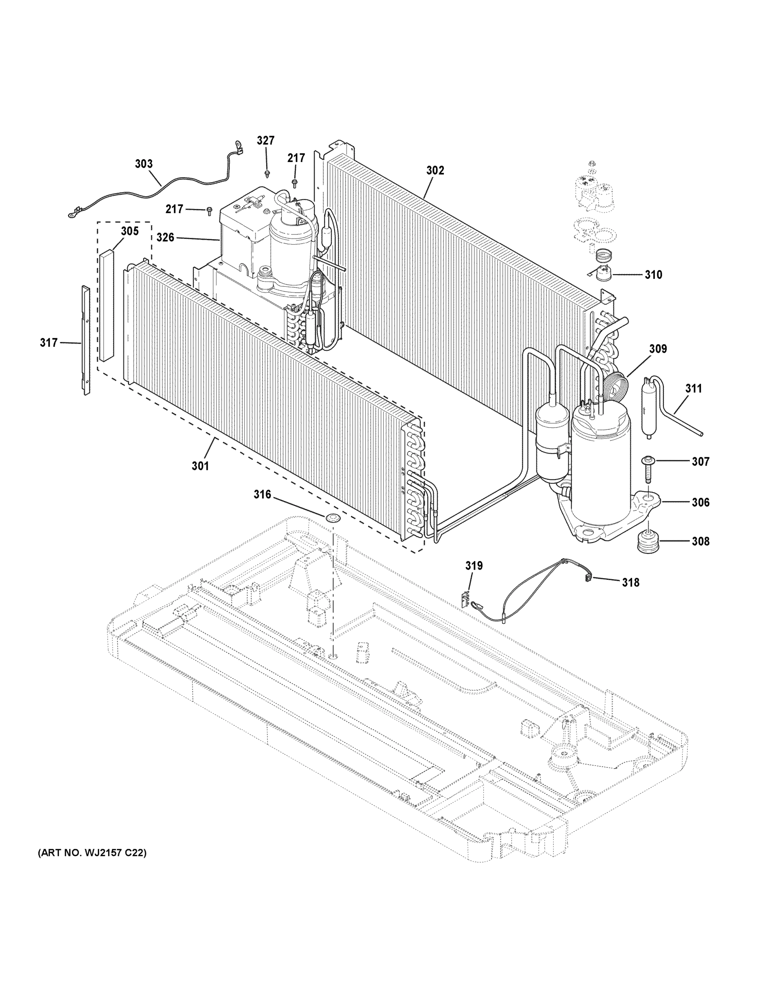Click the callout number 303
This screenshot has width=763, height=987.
click(x=144, y=164)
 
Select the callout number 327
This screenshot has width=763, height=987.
click(x=266, y=141)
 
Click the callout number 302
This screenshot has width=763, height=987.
click(x=435, y=170)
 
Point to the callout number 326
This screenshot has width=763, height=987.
click(x=165, y=237)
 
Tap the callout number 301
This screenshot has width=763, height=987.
click(x=200, y=466)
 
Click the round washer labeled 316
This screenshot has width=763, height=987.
click(x=333, y=517)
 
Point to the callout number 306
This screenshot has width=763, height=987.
click(x=700, y=502)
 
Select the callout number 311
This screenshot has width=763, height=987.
click(x=693, y=388)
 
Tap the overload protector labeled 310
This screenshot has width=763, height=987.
click(x=603, y=275)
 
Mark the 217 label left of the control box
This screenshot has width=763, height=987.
click(x=174, y=209)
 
